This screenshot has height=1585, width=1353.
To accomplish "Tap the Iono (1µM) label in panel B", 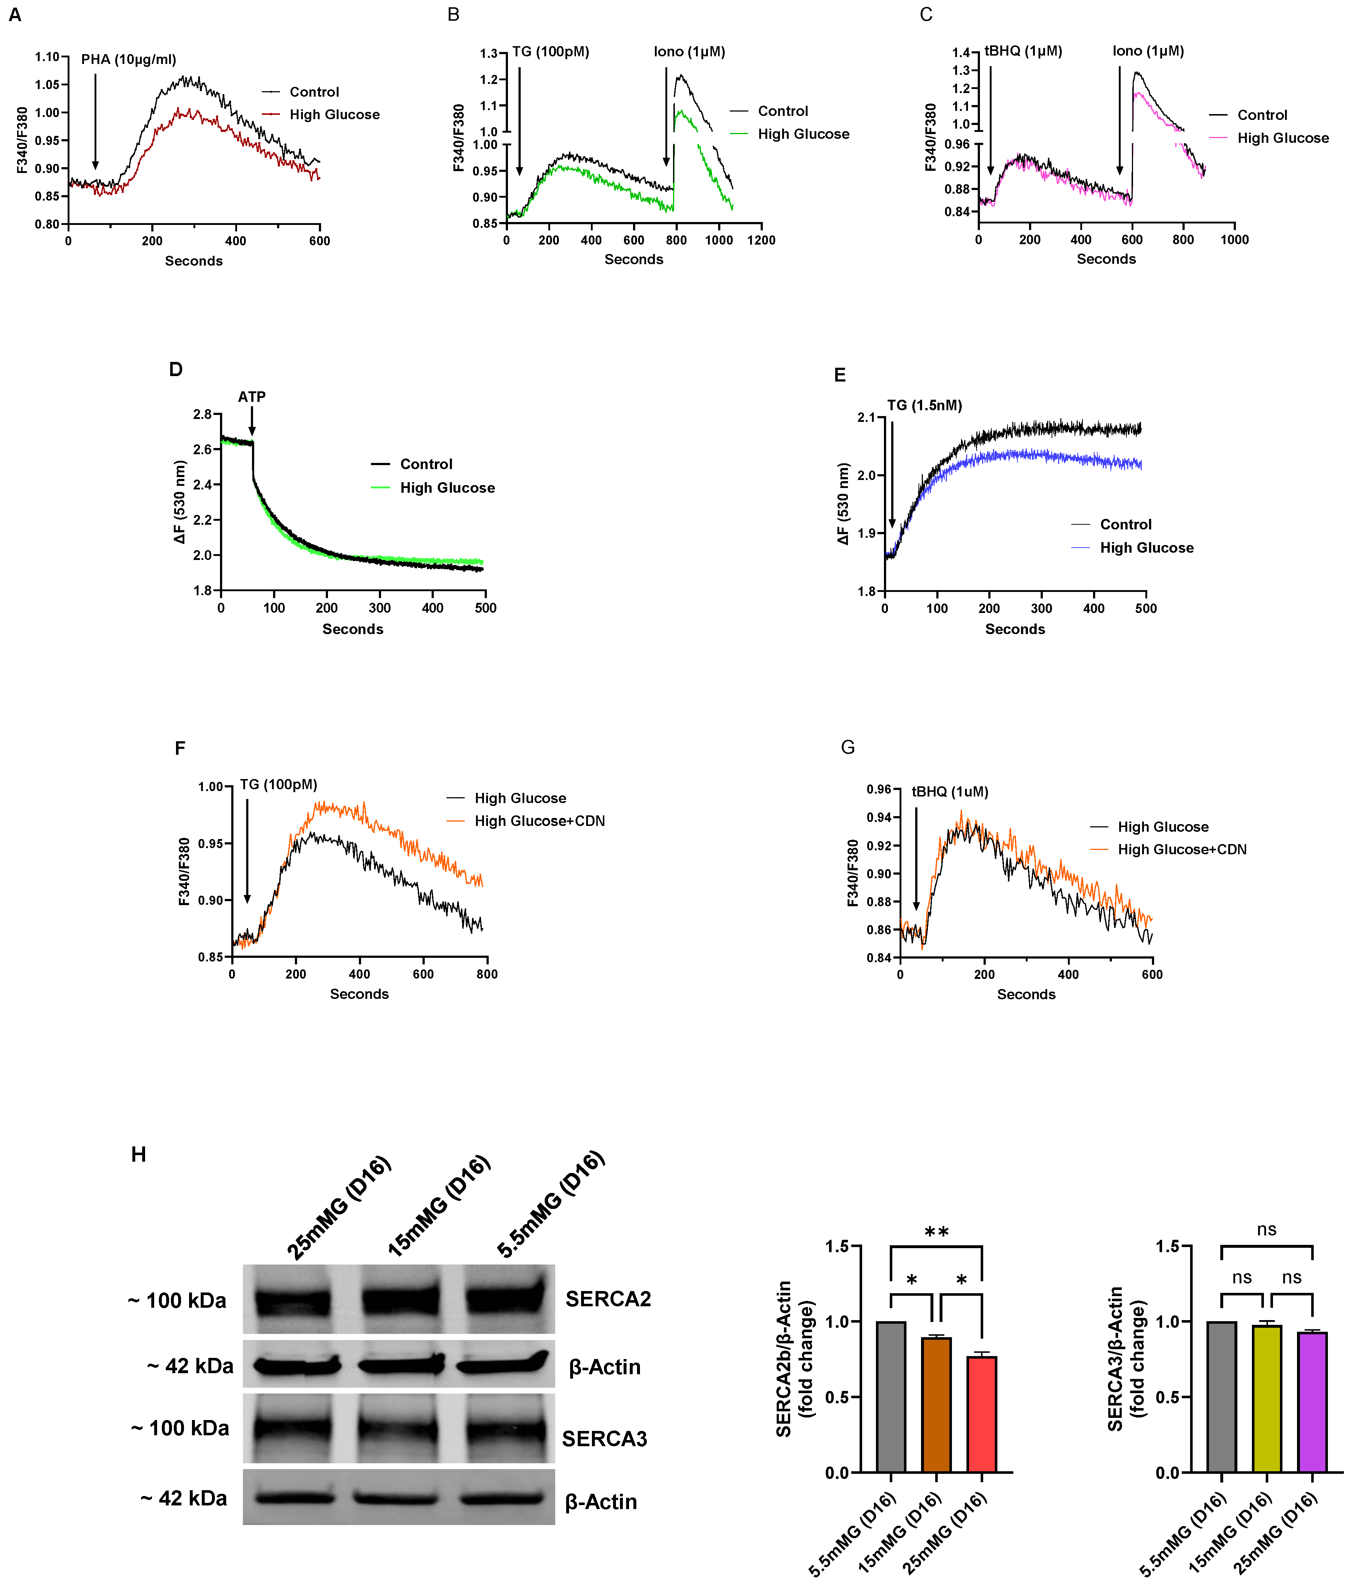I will (x=689, y=52).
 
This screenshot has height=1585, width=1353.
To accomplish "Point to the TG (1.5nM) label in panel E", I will (x=924, y=406).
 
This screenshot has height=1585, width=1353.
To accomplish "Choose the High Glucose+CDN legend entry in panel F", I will (x=539, y=821).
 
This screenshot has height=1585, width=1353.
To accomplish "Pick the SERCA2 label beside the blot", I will (x=608, y=1299).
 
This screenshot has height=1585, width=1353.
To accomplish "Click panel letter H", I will (x=139, y=1154).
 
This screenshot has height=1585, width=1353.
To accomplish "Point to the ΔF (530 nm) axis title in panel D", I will (x=179, y=502).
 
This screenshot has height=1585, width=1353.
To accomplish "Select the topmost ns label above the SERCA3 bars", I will (x=1266, y=1229).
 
